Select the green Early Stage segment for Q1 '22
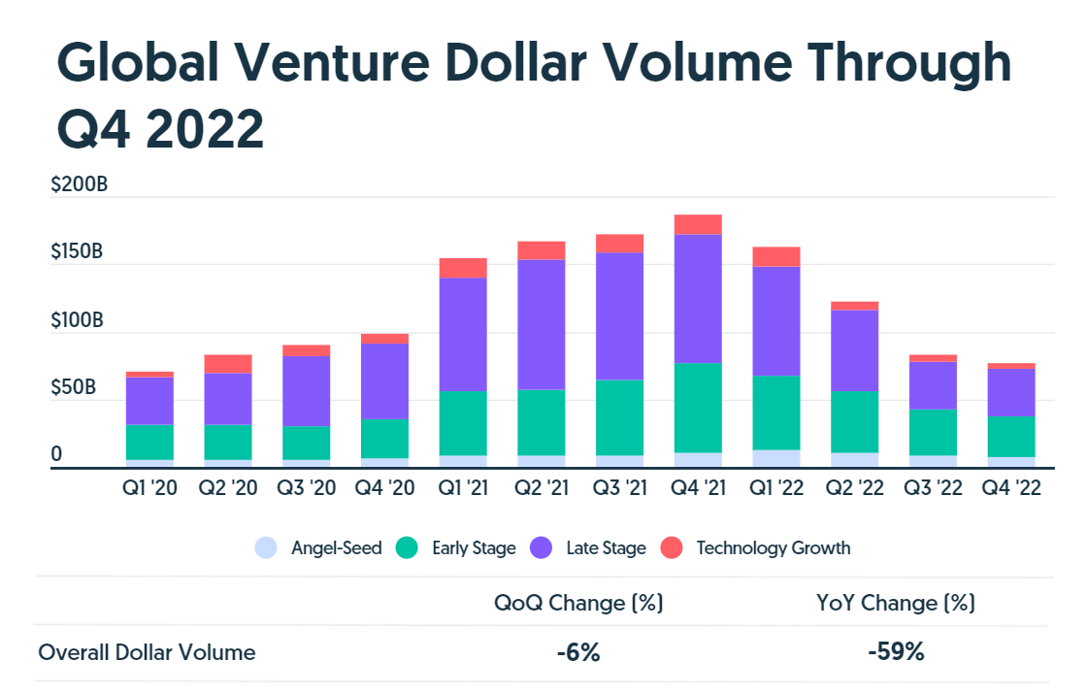point(775,413)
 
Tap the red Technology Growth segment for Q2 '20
point(228,364)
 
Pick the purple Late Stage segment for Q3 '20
point(307,391)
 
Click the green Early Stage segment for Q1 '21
point(463,423)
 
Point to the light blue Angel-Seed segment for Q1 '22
point(775,459)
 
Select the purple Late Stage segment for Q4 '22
point(1010,392)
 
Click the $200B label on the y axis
point(79,184)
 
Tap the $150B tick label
point(77,252)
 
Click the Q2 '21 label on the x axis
point(542,488)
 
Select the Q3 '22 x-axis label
point(933,488)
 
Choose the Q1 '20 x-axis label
point(149,488)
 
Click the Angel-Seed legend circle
point(266,548)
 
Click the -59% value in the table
point(896,652)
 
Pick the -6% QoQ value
point(578,652)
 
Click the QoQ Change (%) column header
point(578,603)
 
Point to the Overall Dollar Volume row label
point(147,652)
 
